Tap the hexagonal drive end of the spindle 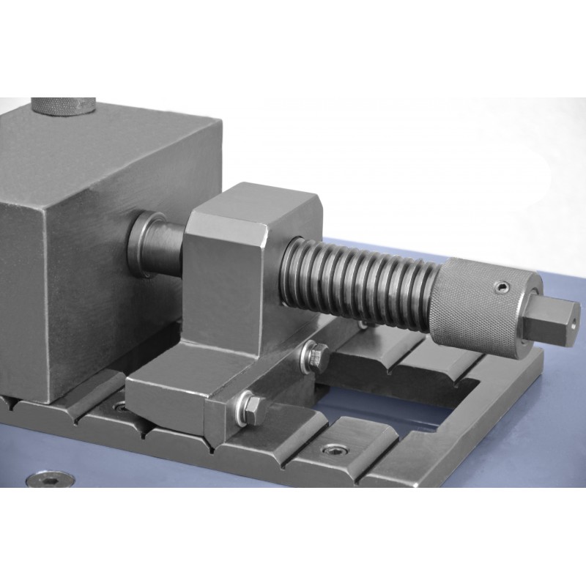556,316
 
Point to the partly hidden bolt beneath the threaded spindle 364,323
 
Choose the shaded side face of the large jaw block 22,293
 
